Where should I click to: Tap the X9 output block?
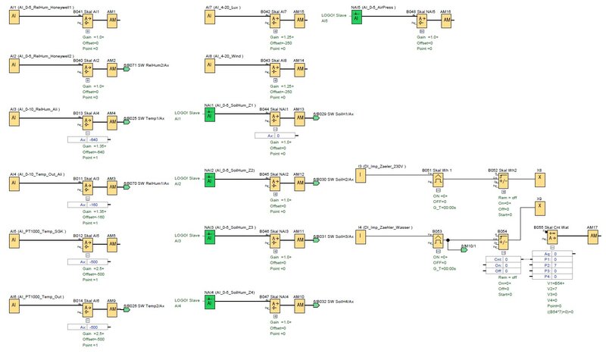(x=539, y=210)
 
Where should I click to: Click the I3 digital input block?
(x=361, y=176)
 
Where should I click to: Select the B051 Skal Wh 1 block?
(x=438, y=179)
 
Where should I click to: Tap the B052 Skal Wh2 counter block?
(x=501, y=179)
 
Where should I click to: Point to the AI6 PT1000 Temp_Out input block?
(x=14, y=307)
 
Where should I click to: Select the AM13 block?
(x=298, y=117)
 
